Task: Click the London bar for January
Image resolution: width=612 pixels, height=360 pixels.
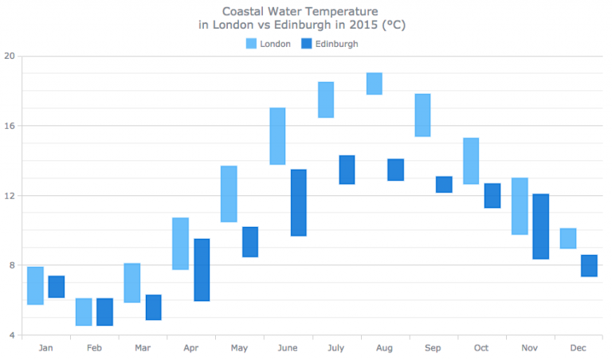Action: point(35,285)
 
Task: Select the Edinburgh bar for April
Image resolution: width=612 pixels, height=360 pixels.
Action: point(202,270)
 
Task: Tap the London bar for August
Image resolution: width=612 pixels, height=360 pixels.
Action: point(374,84)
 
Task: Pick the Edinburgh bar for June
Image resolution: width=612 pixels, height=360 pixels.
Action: point(299,202)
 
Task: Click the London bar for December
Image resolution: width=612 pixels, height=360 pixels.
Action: point(567,238)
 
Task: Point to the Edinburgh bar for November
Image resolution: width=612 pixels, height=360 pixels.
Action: point(540,226)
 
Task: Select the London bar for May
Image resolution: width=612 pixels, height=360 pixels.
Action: point(229,194)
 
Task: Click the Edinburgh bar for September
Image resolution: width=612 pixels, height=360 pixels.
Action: point(444,184)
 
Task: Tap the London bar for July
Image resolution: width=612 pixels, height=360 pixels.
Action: point(326,100)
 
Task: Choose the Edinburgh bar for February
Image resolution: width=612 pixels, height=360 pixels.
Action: point(104,311)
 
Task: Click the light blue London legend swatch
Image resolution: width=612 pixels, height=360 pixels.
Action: point(250,44)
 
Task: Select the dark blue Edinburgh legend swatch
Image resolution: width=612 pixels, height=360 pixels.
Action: point(305,44)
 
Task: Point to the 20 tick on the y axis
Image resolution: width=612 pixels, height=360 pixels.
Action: point(10,57)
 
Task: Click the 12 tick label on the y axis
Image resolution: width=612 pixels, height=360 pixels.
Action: point(10,196)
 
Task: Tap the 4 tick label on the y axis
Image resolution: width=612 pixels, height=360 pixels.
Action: point(11,335)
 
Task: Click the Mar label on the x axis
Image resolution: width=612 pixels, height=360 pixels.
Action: point(142,348)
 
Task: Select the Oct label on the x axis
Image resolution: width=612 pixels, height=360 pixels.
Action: point(481,348)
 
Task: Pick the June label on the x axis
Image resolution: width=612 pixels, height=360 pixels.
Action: point(287,348)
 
